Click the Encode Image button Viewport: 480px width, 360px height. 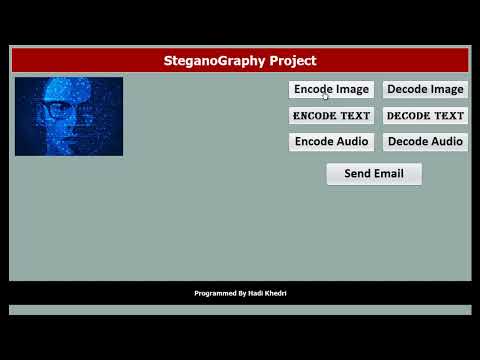point(331,89)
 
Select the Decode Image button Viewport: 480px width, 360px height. point(425,89)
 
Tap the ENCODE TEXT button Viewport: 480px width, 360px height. point(331,116)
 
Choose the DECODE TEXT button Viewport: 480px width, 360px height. point(425,116)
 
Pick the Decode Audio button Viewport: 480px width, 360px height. point(425,142)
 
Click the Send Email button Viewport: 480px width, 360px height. point(374,174)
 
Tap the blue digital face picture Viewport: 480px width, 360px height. point(69,116)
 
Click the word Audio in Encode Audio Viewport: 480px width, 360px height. point(351,142)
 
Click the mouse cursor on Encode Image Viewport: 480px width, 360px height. point(326,95)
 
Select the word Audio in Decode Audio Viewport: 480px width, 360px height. point(446,142)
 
